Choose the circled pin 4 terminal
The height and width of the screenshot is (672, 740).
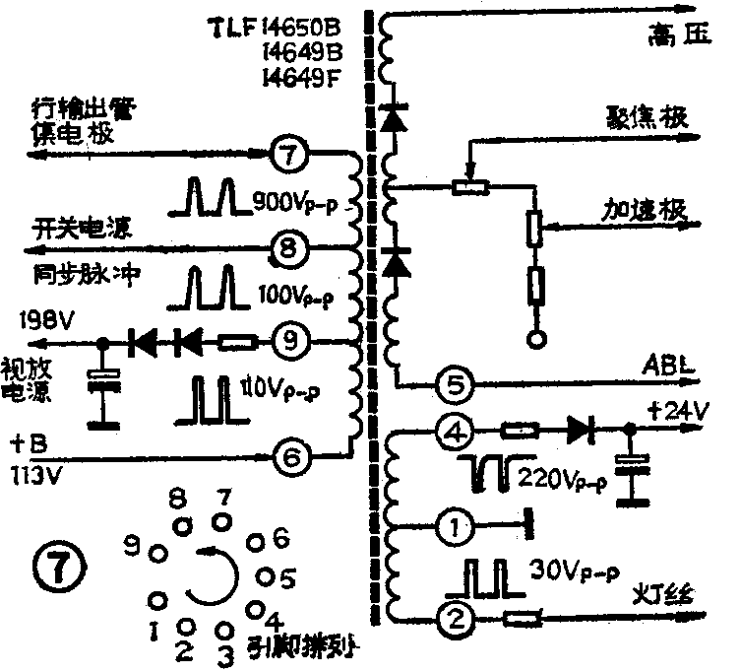[x=454, y=431]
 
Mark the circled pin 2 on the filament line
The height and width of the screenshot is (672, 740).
[x=454, y=619]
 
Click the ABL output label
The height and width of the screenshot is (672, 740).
[x=671, y=362]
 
